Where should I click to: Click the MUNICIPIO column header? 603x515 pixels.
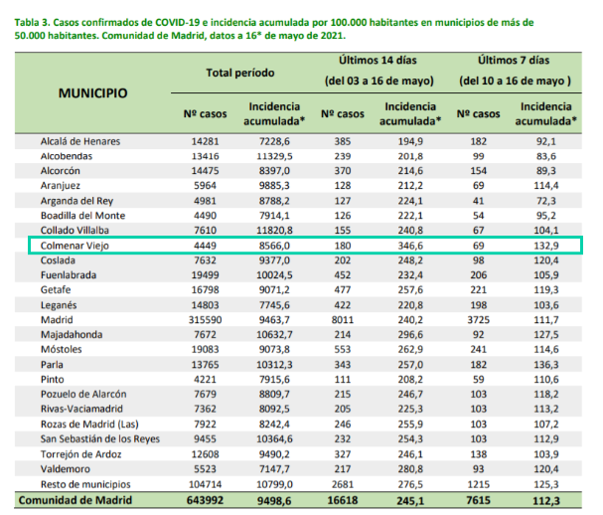click(92, 93)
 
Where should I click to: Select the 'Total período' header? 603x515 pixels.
click(240, 73)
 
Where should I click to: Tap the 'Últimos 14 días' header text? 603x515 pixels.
click(377, 61)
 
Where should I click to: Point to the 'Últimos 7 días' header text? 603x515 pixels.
click(514, 61)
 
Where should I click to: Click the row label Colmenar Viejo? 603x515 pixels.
click(75, 246)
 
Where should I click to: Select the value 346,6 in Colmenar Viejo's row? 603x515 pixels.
click(410, 246)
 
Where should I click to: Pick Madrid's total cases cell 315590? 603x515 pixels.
click(205, 320)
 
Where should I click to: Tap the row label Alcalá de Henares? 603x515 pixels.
click(80, 141)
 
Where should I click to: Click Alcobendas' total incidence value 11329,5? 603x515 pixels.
click(274, 156)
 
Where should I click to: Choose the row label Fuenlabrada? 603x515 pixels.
click(69, 275)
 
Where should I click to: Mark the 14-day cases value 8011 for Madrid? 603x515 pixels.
click(343, 320)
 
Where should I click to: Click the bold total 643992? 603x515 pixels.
click(205, 500)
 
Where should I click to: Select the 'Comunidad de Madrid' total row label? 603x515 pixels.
click(75, 500)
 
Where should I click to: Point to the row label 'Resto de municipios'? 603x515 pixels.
click(85, 484)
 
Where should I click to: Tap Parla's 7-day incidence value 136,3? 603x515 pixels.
click(546, 365)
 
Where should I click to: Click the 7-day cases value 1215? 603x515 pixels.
click(479, 484)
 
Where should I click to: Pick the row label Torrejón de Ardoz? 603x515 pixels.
click(81, 454)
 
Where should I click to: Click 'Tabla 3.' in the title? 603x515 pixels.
click(32, 22)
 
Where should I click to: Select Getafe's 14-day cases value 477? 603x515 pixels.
click(343, 290)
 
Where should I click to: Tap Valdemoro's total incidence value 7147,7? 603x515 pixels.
click(274, 469)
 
